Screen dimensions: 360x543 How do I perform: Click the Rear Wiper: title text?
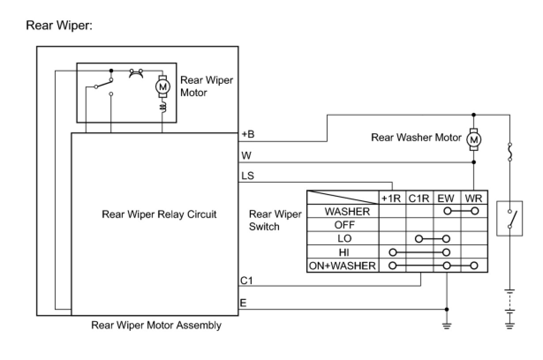59,26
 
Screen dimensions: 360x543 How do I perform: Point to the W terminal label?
246,156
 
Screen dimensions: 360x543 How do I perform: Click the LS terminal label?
247,176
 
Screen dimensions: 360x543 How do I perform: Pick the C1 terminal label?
247,280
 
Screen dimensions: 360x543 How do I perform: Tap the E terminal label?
243,303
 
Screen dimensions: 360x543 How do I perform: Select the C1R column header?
419,198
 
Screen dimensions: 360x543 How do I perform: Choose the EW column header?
446,198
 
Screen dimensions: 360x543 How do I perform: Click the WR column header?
474,198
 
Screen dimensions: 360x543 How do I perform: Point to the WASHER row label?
347,211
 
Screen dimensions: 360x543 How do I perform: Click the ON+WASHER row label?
343,266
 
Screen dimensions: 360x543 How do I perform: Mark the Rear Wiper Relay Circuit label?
159,214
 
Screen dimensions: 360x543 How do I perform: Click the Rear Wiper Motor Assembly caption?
156,326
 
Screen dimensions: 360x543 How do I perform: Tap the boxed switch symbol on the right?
509,218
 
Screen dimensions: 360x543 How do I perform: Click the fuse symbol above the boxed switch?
510,151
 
